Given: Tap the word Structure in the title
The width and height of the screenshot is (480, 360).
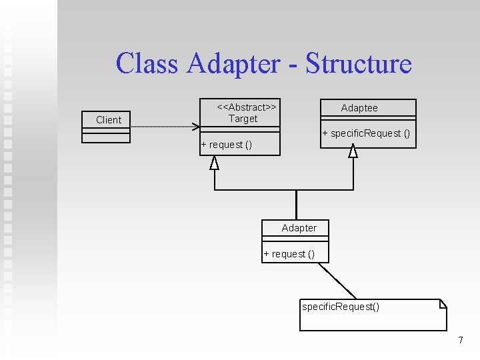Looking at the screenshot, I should [359, 64].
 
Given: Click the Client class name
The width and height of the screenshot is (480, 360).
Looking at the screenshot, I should [109, 120].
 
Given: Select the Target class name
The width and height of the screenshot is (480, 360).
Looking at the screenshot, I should [243, 119].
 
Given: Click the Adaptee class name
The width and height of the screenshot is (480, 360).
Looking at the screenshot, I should [359, 108].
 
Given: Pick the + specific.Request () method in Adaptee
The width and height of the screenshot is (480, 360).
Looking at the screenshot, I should [366, 133].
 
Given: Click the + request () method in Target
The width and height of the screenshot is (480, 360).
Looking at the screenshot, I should [227, 145].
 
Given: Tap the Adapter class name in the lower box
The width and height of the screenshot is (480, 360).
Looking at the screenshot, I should [299, 228].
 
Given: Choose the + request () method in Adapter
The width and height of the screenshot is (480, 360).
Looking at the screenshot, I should [289, 254].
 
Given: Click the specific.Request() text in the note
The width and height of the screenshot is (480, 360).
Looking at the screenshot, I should [341, 307].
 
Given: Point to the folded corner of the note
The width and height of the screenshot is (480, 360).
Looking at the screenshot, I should [442, 304].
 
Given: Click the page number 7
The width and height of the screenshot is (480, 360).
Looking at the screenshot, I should [461, 341].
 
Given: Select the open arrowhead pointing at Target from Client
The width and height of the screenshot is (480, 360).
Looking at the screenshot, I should [196, 127].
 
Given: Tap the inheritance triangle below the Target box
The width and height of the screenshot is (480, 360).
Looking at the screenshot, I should [214, 163].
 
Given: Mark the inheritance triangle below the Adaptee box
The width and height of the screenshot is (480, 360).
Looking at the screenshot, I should [353, 151].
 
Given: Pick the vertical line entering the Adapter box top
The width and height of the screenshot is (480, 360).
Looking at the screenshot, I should [297, 205].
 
